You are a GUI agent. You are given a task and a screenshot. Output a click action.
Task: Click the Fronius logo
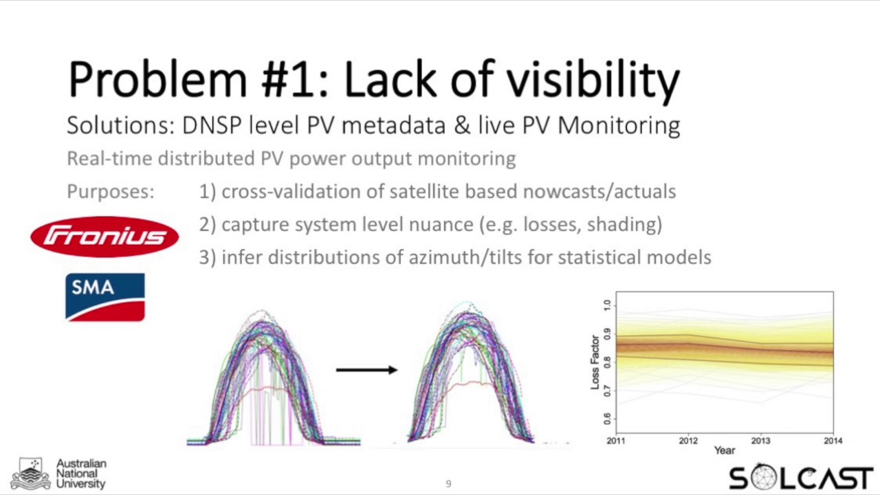pyautogui.click(x=104, y=236)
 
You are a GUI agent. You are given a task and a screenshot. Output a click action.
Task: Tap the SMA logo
pyautogui.click(x=104, y=297)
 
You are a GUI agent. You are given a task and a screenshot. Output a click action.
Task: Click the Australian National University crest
pyautogui.click(x=31, y=474)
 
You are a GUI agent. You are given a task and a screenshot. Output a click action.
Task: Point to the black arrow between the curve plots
pyautogui.click(x=366, y=370)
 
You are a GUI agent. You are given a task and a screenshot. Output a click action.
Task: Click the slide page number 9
pyautogui.click(x=448, y=484)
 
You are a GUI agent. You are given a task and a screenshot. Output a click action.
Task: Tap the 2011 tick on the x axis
pyautogui.click(x=616, y=441)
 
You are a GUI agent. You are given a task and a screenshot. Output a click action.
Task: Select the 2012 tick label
pyautogui.click(x=688, y=441)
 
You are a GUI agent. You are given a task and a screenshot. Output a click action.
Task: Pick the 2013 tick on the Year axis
pyautogui.click(x=760, y=441)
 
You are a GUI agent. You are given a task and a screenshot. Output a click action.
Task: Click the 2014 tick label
pyautogui.click(x=833, y=441)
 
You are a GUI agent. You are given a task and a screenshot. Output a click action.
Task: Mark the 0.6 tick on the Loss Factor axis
pyautogui.click(x=606, y=419)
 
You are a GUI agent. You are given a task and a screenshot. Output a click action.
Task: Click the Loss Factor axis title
pyautogui.click(x=595, y=362)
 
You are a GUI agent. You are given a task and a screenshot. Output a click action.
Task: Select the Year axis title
pyautogui.click(x=724, y=451)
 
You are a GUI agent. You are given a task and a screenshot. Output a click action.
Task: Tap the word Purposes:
pyautogui.click(x=111, y=192)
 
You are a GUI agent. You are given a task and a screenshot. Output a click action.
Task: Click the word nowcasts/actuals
pyautogui.click(x=599, y=192)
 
